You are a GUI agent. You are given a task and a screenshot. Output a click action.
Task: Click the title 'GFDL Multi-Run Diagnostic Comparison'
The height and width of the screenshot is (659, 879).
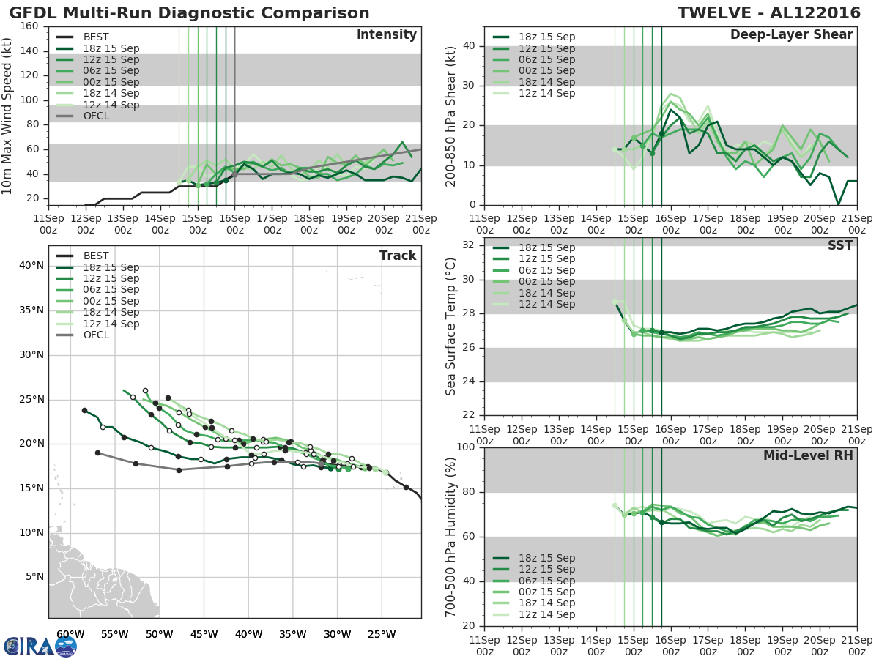click(190, 13)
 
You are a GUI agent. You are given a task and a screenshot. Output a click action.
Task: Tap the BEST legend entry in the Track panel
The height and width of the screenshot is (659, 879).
click(96, 256)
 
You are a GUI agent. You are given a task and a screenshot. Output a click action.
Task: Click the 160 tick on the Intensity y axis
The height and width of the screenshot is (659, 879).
click(29, 26)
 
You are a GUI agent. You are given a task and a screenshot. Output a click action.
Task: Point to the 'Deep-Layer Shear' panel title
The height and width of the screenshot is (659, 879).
click(791, 35)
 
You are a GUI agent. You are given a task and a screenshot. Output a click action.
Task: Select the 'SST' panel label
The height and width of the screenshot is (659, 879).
click(841, 246)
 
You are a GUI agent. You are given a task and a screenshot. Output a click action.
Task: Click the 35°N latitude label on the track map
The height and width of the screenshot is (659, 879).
click(31, 310)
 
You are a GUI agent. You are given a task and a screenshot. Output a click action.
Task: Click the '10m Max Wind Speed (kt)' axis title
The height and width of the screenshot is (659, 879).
click(7, 116)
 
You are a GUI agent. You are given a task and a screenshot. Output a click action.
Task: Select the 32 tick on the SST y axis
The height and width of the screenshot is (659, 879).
click(468, 245)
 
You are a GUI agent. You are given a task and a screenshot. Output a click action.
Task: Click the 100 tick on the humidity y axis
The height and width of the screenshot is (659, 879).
click(464, 447)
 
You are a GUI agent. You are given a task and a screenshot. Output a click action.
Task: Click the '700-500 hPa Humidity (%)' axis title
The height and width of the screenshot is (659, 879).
click(452, 536)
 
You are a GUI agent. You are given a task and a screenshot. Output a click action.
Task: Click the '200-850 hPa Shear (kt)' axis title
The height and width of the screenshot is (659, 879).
click(452, 116)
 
